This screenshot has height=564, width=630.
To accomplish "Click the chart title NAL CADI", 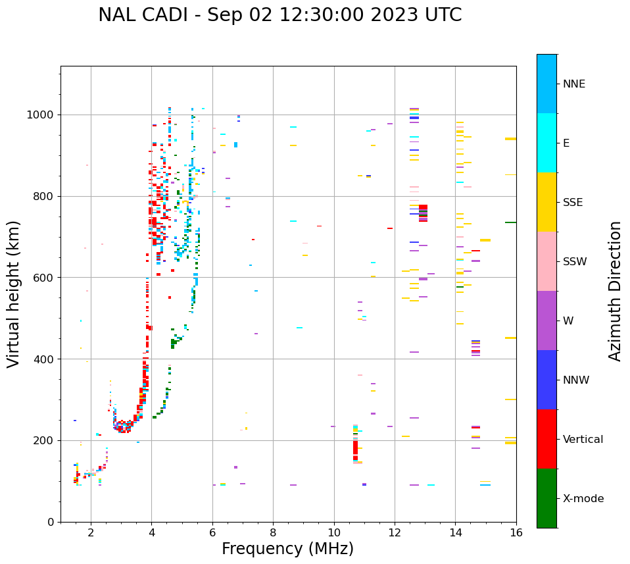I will point(279,15).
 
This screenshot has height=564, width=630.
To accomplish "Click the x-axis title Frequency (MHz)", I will point(287,549).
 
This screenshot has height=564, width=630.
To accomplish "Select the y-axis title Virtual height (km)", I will point(14,294).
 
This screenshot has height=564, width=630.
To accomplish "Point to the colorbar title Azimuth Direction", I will point(615,291).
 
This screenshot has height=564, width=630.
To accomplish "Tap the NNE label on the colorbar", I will point(573,84).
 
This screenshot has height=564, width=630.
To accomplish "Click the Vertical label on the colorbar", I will point(583,440).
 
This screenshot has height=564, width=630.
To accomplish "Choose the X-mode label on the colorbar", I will point(583,499).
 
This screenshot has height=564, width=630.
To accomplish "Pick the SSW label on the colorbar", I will point(575,262).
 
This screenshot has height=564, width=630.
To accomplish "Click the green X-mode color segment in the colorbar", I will point(546,498).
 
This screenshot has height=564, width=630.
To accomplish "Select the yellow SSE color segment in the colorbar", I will point(546,202).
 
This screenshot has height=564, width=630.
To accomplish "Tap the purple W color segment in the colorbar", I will point(546,320).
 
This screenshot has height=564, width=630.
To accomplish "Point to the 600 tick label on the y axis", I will point(44,278).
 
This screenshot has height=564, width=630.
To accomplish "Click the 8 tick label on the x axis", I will point(273,533).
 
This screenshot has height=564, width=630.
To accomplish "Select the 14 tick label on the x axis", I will point(455,533).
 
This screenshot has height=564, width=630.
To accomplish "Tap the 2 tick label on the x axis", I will point(91,533).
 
